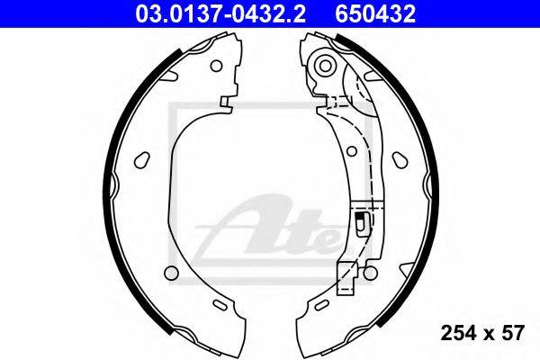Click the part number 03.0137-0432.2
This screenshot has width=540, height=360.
coord(220,14)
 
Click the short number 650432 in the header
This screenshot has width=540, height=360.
coord(375,14)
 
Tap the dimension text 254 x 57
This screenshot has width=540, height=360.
coord(482,334)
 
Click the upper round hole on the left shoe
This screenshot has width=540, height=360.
coord(216,66)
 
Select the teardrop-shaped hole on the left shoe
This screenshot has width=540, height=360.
coord(142,160)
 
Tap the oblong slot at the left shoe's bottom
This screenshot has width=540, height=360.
coord(219,305)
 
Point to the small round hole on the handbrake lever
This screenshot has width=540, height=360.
coord(352,151)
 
